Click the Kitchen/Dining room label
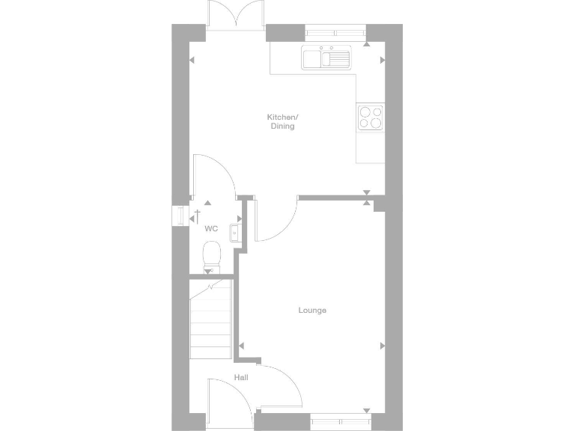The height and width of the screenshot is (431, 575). coord(282,122)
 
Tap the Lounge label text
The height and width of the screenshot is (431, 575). coord(312,310)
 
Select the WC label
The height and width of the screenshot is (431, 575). coord(211,228)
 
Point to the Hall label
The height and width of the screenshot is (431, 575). coord(240,378)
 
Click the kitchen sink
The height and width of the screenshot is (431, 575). coord(326,58)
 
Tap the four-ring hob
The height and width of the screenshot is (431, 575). coord(371,118)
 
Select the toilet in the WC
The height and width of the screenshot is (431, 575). coord(211,254)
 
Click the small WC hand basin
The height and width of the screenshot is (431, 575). coord(234,233)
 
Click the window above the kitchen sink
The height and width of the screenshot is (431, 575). coord(335,33)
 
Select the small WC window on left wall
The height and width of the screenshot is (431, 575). coord(178,215)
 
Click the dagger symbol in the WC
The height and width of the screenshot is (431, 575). coord(198,214)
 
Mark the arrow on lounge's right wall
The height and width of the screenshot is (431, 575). coord(382,346)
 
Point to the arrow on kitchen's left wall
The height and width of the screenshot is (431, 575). coord(192,60)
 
